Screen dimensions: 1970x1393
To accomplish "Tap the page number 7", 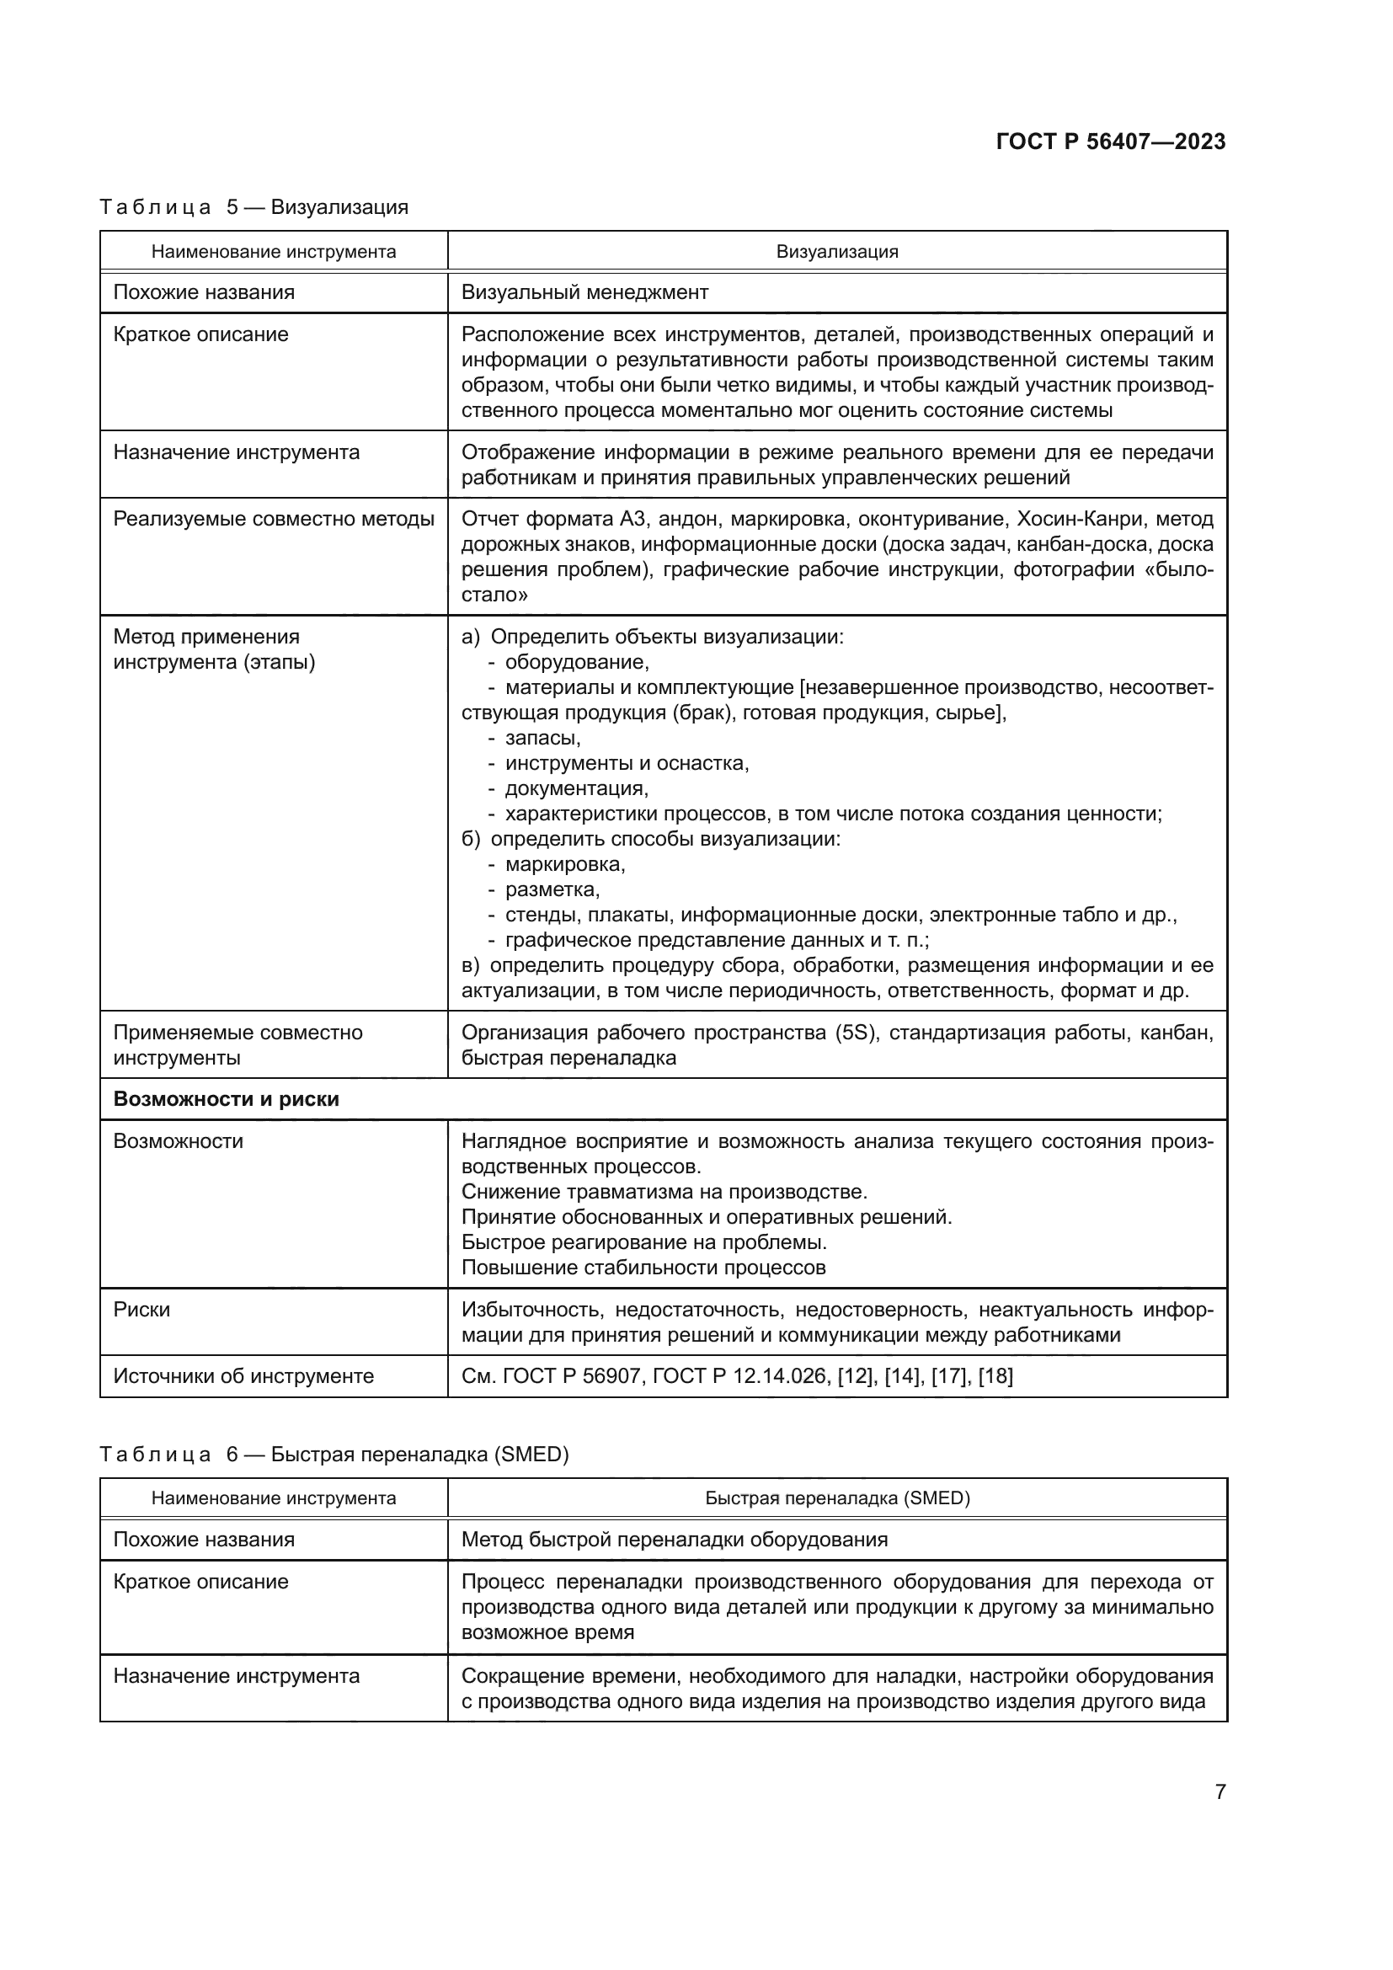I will pos(1220,1791).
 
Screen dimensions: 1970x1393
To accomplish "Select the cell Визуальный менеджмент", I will pos(584,292).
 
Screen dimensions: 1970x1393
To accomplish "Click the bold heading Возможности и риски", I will pos(226,1099).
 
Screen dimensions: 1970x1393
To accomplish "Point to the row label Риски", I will pos(141,1310).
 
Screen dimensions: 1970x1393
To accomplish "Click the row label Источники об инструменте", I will pos(243,1376).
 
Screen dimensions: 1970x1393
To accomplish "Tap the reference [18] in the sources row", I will pos(995,1376).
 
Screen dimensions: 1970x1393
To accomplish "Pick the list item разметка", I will pos(552,889).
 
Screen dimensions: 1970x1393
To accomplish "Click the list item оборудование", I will pos(576,662).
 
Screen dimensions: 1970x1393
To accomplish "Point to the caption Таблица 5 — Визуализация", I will pos(254,207).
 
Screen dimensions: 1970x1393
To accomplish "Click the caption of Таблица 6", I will pos(334,1455).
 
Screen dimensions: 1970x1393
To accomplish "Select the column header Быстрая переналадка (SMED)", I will pos(836,1498).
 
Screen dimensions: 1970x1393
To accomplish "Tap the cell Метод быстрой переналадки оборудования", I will pos(675,1540).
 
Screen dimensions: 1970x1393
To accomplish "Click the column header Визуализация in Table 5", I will pos(836,251).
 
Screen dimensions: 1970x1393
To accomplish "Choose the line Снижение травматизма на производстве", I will pos(664,1192).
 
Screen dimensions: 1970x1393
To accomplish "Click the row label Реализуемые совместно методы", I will pos(274,519).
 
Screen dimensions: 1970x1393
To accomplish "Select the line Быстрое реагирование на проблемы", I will pos(643,1242).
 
